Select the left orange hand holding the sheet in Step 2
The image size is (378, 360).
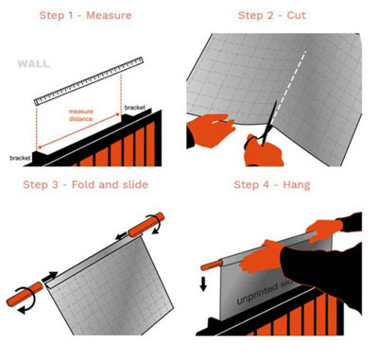click(208, 131)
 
